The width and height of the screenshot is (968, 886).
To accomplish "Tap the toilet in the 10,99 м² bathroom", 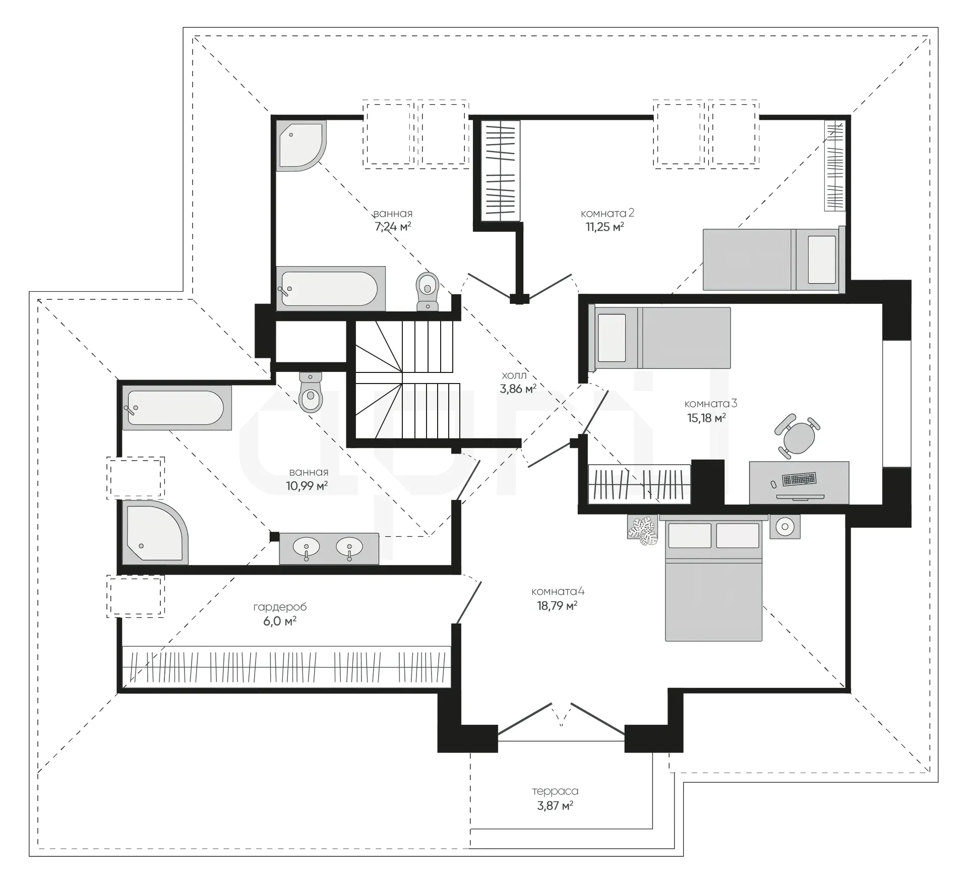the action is [311, 392].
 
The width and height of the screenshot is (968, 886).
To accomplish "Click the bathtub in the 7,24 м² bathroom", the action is [331, 289].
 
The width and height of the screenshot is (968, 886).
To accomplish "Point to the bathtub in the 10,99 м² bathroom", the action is [177, 408].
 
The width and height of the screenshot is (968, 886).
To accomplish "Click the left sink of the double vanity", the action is [307, 547].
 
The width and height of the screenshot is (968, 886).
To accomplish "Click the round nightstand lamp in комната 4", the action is [784, 527].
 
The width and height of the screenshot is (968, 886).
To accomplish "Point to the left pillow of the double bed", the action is [690, 535].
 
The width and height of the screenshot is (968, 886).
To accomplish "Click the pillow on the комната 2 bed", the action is [822, 260].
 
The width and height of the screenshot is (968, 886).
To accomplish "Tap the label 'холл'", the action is [514, 375].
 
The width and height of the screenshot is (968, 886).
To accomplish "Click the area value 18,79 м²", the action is [557, 605].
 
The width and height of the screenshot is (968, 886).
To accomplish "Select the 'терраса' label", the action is [555, 791].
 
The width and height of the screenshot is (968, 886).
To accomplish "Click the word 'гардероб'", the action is [280, 607].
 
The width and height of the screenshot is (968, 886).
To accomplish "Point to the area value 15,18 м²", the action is [706, 417].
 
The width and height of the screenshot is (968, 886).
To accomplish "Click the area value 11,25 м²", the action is [604, 227].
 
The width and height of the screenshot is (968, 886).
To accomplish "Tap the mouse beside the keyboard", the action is [773, 484].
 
